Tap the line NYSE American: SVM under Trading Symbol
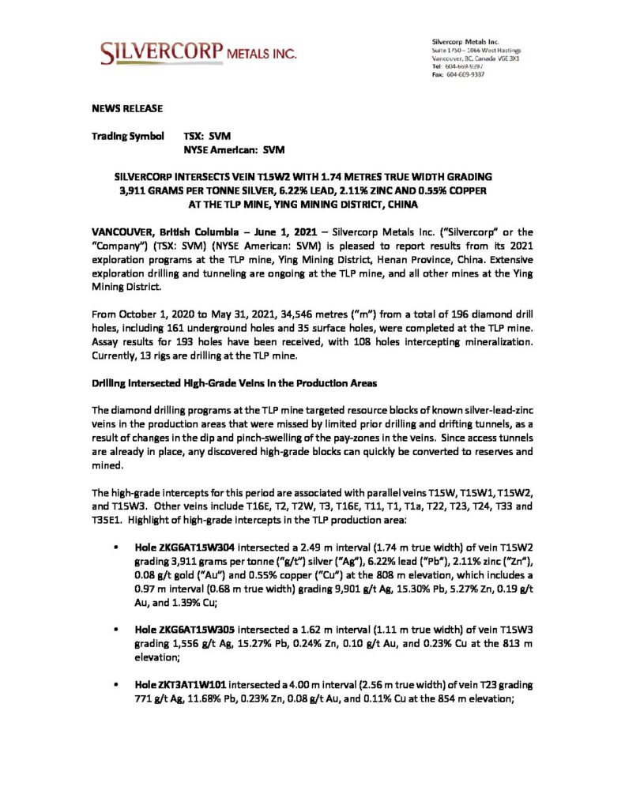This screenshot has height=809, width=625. coord(234,149)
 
